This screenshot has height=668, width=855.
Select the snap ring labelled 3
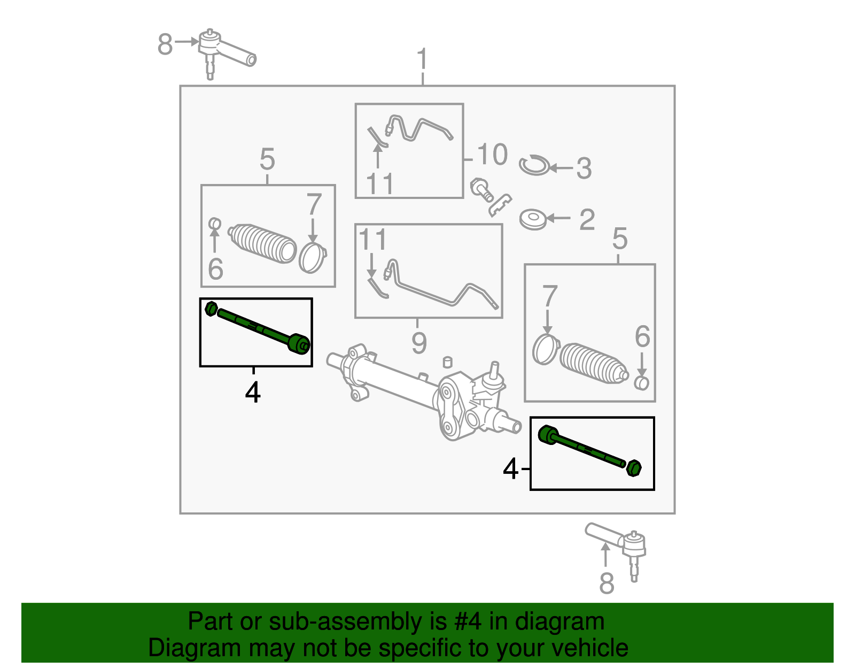[x=534, y=165]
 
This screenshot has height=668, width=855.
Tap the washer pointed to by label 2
[x=533, y=219]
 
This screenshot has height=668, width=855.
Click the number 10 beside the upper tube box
[x=492, y=155]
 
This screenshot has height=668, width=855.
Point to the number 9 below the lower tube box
[x=419, y=343]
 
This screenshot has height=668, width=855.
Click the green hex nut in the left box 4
[x=211, y=309]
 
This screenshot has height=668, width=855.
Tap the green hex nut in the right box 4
[x=633, y=468]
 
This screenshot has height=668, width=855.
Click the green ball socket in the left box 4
[x=298, y=343]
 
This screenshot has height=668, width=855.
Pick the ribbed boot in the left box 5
[x=262, y=244]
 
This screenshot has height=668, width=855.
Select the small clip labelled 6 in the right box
[x=641, y=383]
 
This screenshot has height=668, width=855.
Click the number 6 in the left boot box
[x=215, y=269]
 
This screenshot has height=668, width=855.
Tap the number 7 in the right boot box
[x=550, y=297]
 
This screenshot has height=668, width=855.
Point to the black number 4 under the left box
[x=253, y=393]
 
